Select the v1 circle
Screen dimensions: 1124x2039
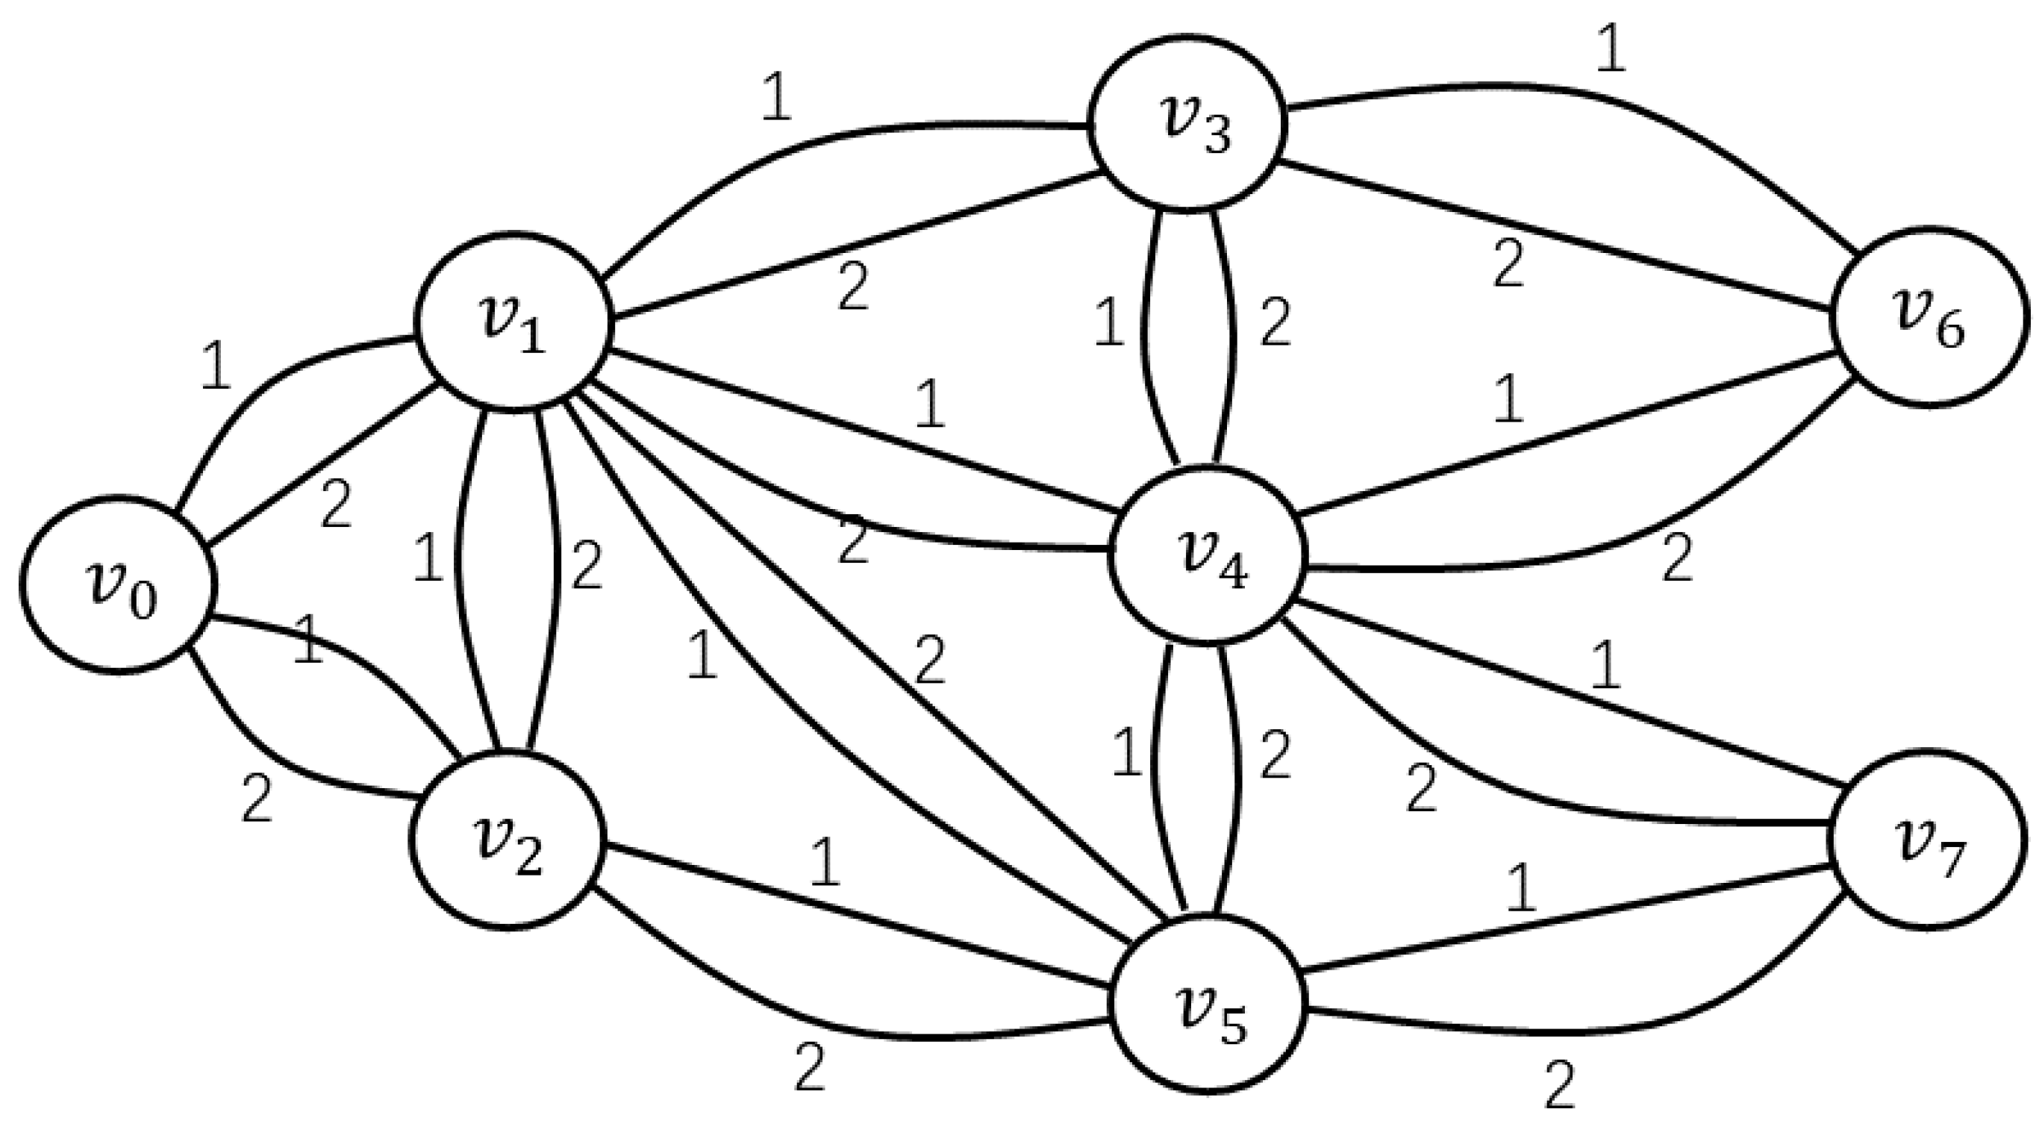[514, 321]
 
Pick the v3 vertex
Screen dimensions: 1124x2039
[1187, 122]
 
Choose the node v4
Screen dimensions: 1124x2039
[1207, 554]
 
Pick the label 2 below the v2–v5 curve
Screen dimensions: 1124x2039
[809, 1069]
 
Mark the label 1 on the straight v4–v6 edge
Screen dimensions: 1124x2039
[1508, 400]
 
